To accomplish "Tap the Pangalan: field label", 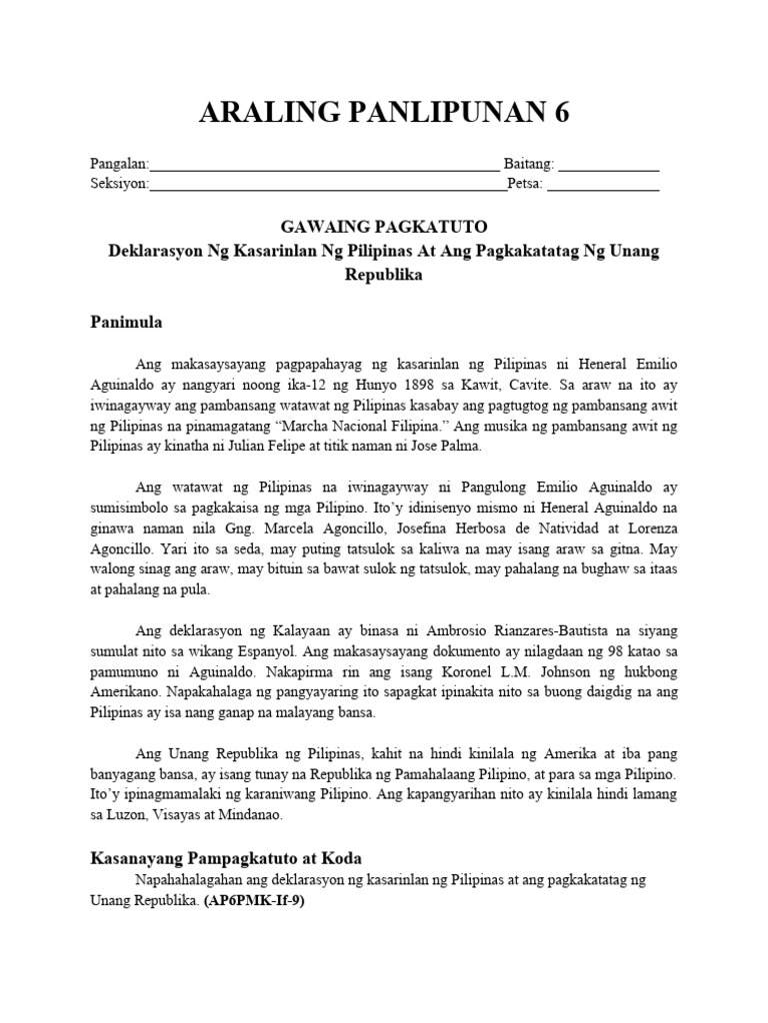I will pos(119,164).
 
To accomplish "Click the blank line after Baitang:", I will pos(613,165).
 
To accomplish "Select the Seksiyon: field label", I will pos(119,184).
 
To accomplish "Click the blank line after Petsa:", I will pos(603,185).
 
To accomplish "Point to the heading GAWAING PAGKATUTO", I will pos(383,227).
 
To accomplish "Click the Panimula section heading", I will pos(126,323).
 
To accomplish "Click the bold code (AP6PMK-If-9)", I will pos(253,899).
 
